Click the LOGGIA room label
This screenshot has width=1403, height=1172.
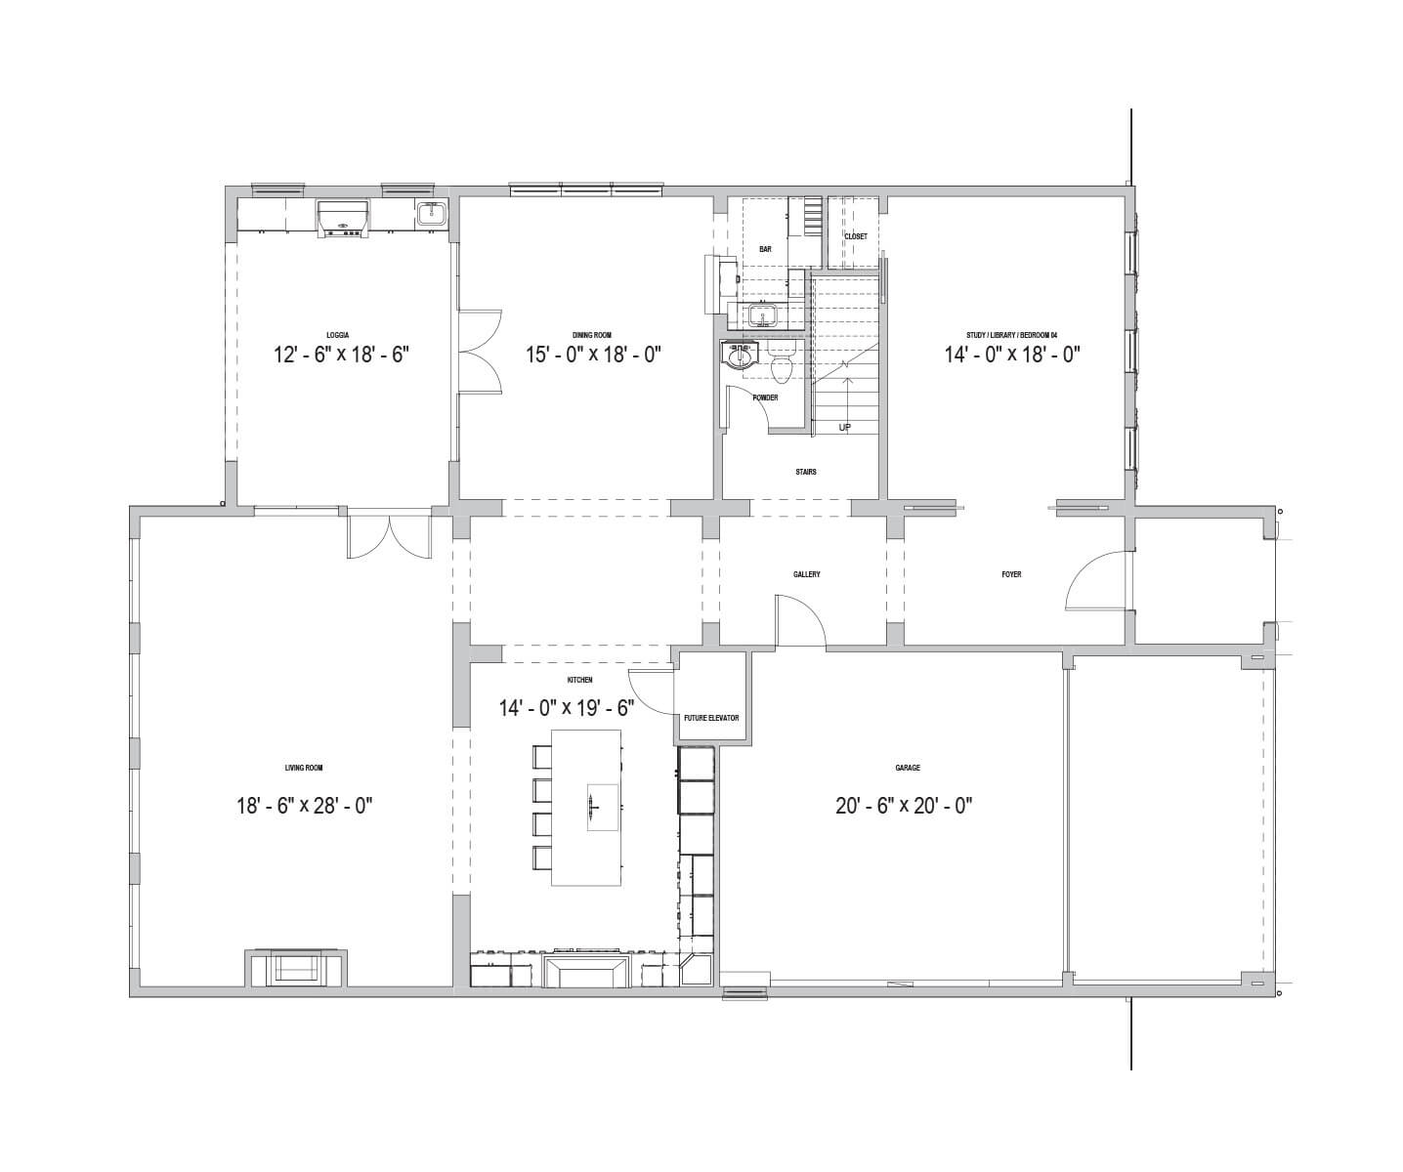337,335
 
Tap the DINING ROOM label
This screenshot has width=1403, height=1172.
592,335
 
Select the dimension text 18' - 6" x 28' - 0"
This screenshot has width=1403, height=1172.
305,806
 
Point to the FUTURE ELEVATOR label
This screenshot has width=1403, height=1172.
711,718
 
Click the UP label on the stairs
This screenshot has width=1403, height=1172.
844,427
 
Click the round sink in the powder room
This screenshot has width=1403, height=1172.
740,355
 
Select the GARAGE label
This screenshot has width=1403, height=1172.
907,767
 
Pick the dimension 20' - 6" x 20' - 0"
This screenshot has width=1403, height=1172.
904,806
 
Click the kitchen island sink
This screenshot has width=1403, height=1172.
602,808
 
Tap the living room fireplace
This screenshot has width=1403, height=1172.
296,967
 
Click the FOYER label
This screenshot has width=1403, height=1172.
1011,574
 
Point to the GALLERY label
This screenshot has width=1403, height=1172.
806,574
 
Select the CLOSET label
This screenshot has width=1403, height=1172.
855,236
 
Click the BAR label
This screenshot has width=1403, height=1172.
765,249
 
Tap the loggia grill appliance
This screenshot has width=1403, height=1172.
344,218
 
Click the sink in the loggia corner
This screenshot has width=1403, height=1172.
429,214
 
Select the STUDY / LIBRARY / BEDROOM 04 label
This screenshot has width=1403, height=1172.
1011,335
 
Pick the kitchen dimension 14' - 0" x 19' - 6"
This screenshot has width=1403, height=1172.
567,708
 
